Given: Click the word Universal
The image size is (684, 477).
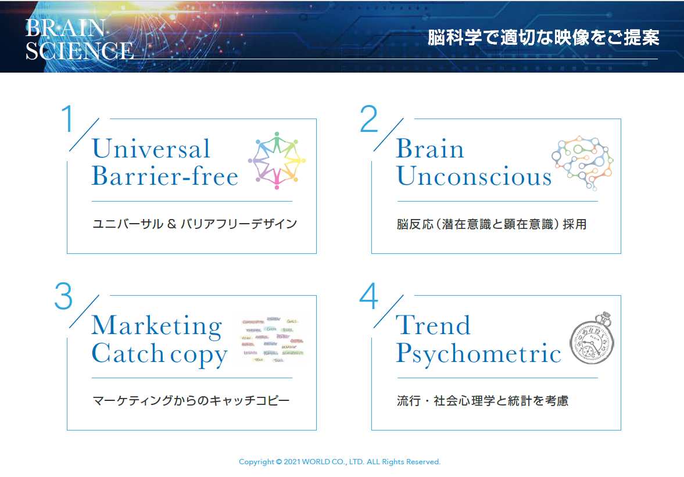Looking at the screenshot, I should click(x=151, y=149).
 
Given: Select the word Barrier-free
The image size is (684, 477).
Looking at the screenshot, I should click(x=165, y=176).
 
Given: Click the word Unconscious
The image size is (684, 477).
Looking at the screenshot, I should click(x=474, y=176).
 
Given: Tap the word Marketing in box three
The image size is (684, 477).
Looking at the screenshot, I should click(x=156, y=326).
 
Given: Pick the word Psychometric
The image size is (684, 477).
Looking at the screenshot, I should click(x=478, y=353).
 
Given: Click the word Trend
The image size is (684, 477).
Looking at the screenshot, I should click(x=433, y=325).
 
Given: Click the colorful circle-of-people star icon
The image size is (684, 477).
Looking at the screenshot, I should click(x=277, y=160).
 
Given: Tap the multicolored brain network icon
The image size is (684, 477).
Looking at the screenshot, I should click(x=582, y=163).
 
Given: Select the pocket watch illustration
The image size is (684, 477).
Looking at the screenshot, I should click(x=592, y=339).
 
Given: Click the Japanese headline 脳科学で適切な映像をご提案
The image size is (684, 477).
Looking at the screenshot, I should click(x=543, y=38).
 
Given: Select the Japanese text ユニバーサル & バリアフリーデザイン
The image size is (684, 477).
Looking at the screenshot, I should click(x=195, y=224).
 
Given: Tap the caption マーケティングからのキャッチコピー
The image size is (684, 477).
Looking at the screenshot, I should click(x=191, y=401).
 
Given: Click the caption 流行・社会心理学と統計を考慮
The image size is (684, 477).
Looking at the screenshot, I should click(x=482, y=401).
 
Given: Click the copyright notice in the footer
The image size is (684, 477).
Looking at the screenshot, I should click(x=340, y=462).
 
